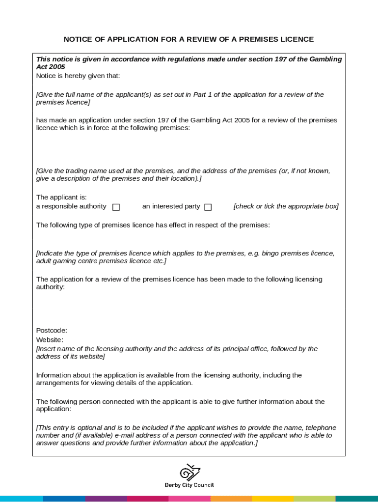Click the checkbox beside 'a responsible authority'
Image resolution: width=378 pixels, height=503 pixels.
click(116, 207)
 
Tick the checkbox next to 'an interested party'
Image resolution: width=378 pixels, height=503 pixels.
click(208, 207)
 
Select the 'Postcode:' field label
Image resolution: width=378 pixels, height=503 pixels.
click(52, 331)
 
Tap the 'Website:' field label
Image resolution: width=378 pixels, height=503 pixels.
click(50, 340)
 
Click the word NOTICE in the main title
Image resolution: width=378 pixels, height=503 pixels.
click(77, 39)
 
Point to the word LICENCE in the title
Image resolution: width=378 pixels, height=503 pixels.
click(297, 39)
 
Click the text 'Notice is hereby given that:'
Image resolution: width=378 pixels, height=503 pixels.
click(78, 76)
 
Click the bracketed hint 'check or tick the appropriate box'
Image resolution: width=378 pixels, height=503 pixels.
click(286, 206)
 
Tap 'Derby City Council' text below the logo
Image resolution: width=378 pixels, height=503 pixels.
click(189, 485)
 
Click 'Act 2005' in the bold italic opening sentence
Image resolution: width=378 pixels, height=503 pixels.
click(51, 67)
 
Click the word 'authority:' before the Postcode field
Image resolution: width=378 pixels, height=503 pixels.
click(51, 287)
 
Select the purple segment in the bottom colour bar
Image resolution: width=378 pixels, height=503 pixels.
click(106, 499)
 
